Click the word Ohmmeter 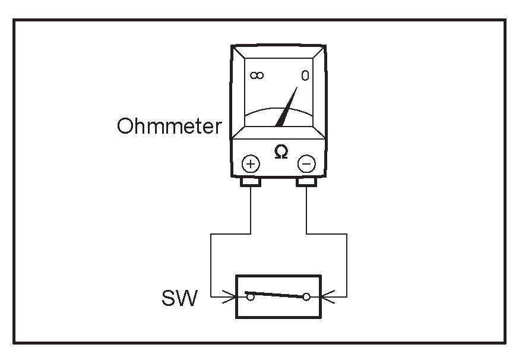[169, 127]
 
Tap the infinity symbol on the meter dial [257, 75]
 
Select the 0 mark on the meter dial [305, 76]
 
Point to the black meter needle [287, 108]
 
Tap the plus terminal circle [251, 163]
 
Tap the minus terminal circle [306, 163]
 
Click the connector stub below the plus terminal [250, 181]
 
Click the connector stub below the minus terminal [306, 181]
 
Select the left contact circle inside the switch [251, 296]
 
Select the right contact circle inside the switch [306, 296]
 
